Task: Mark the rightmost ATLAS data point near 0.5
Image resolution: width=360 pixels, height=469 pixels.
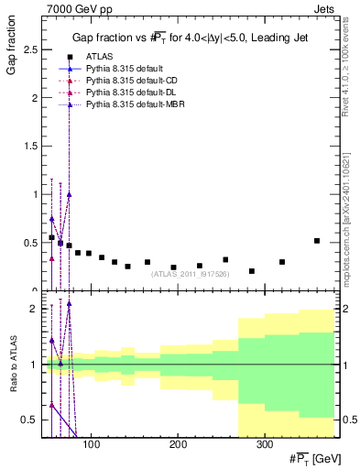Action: coord(316,241)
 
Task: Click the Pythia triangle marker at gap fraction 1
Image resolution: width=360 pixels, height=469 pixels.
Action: coord(69,194)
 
